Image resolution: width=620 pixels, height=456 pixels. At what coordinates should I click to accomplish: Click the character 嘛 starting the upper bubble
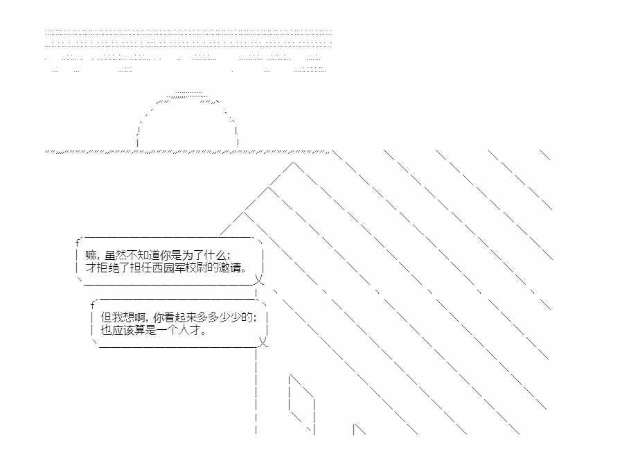pos(91,255)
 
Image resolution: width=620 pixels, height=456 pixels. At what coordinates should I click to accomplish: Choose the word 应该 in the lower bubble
pos(123,330)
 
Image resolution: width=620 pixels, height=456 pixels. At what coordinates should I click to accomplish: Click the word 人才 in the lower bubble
pos(190,330)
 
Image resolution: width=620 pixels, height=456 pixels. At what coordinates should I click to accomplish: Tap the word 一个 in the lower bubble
pos(168,330)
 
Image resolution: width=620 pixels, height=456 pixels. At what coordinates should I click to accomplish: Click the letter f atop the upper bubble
pos(78,243)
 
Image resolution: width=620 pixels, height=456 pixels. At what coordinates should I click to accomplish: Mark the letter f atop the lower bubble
pos(93,305)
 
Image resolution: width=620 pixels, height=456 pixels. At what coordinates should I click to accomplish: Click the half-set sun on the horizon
pos(187,119)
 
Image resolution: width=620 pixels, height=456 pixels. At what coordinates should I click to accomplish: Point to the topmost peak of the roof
pos(293,162)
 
